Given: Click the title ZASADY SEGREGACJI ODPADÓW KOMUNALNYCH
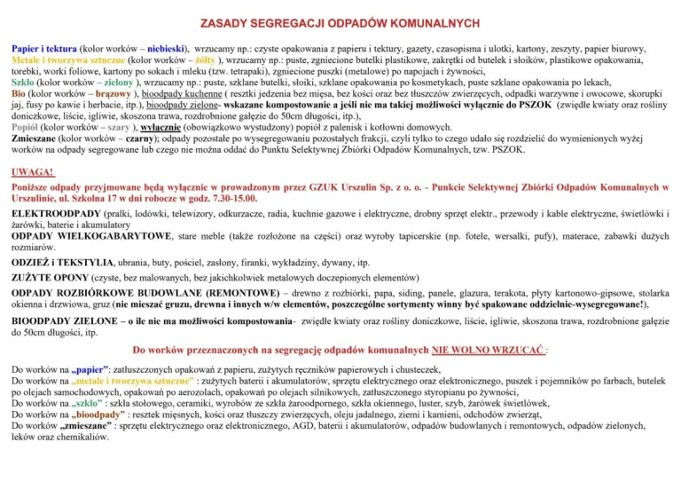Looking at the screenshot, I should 340,22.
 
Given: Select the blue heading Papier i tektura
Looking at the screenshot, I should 43,48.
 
